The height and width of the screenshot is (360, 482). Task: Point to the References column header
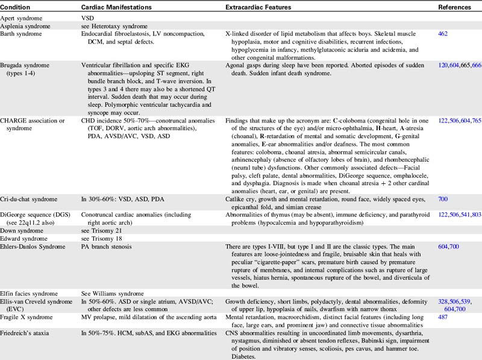(455, 6)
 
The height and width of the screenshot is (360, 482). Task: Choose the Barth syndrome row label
(21, 34)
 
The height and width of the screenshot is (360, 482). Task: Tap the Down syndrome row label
(21, 222)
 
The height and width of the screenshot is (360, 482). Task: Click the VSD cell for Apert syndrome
(88, 19)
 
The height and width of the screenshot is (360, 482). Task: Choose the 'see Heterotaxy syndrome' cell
(114, 27)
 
